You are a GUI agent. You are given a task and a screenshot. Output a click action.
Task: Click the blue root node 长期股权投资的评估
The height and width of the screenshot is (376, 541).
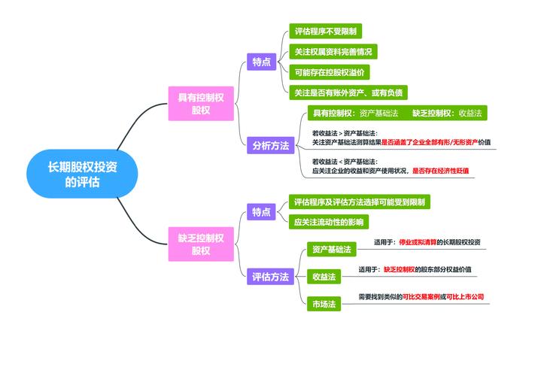pyautogui.click(x=82, y=173)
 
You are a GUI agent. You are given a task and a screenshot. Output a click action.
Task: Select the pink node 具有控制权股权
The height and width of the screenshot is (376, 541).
pyautogui.click(x=200, y=104)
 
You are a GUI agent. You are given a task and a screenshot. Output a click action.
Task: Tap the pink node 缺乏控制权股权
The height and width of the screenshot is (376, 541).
pyautogui.click(x=200, y=244)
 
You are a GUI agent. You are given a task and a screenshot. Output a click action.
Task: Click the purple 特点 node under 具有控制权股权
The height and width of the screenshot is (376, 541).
pyautogui.click(x=261, y=62)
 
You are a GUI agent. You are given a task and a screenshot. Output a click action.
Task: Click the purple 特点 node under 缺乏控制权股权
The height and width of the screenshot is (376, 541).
pyautogui.click(x=261, y=212)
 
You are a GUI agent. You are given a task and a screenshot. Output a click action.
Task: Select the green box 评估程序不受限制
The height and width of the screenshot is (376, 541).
pyautogui.click(x=326, y=32)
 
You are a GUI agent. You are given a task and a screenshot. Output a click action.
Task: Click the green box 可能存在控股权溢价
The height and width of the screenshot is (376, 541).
pyautogui.click(x=330, y=72)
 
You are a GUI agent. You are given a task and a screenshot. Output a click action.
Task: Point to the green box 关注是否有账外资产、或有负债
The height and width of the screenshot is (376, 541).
pyautogui.click(x=348, y=92)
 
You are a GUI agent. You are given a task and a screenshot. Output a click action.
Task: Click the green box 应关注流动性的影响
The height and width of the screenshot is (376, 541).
pyautogui.click(x=329, y=222)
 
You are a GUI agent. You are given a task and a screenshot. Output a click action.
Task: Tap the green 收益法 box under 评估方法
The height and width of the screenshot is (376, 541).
pyautogui.click(x=324, y=277)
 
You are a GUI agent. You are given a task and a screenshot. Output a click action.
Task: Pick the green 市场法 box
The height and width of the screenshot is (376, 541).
pyautogui.click(x=324, y=304)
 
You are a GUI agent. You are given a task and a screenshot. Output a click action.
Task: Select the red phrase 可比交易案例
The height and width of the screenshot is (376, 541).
pyautogui.click(x=421, y=297)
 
